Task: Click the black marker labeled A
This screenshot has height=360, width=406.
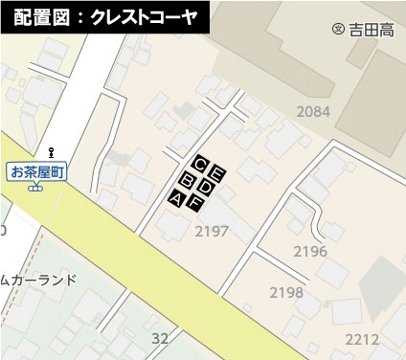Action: [177, 197]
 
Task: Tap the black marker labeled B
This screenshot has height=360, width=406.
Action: [188, 180]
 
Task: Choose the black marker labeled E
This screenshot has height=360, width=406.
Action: [217, 173]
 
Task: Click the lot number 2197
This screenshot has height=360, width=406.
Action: [211, 231]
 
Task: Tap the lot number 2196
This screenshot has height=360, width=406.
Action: [309, 251]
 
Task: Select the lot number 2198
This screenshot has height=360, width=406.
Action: [286, 292]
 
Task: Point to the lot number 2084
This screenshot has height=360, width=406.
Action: [313, 112]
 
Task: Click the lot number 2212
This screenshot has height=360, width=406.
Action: [362, 339]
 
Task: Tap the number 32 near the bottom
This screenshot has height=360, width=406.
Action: [160, 338]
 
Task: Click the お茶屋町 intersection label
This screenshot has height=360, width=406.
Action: [35, 172]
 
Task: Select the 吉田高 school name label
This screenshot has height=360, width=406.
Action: [372, 30]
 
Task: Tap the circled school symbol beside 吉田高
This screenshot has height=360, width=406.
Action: [337, 30]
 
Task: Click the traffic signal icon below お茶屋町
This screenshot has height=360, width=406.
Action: [35, 188]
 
